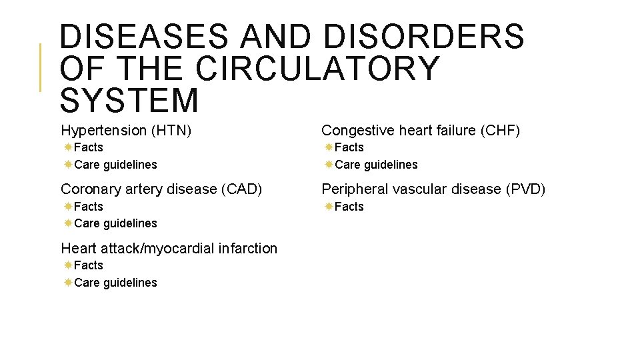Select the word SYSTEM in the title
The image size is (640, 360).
[129, 100]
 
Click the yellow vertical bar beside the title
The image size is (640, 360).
[40, 67]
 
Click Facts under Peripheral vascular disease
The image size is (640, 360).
[349, 207]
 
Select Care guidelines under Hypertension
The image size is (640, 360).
[115, 165]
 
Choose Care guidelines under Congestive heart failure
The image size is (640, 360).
[376, 165]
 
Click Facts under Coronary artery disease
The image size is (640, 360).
[89, 207]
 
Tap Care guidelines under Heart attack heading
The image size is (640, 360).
[115, 283]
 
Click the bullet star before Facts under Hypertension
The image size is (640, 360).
[68, 147]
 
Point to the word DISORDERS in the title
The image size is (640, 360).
[424, 37]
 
